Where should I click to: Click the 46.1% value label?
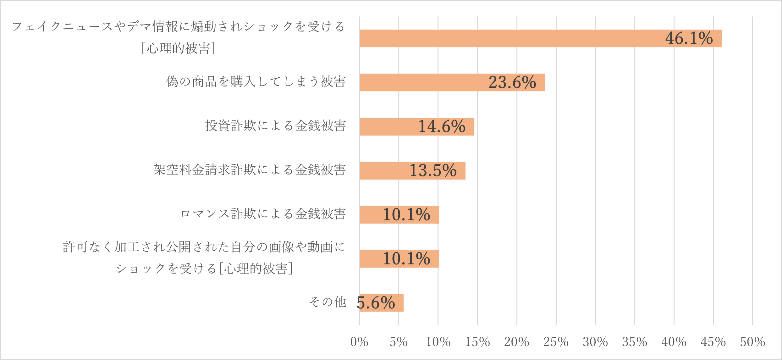coord(689,38)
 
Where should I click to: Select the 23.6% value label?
coord(512,82)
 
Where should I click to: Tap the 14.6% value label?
coord(442,126)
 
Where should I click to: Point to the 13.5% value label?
coord(433,170)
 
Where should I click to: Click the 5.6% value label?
coord(376,303)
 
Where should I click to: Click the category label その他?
coord(328,302)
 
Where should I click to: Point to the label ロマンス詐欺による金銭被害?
coord(263,214)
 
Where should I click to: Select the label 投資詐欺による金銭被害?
coord(275,125)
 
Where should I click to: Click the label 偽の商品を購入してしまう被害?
coord(256,81)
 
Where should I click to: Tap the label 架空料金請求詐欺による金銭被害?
coord(250,170)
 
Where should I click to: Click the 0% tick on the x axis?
coord(359,342)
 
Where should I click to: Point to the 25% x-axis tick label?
coord(556,342)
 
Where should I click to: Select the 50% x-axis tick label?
coord(752,342)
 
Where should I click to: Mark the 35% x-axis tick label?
coord(634,342)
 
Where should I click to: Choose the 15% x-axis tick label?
coord(477,342)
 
